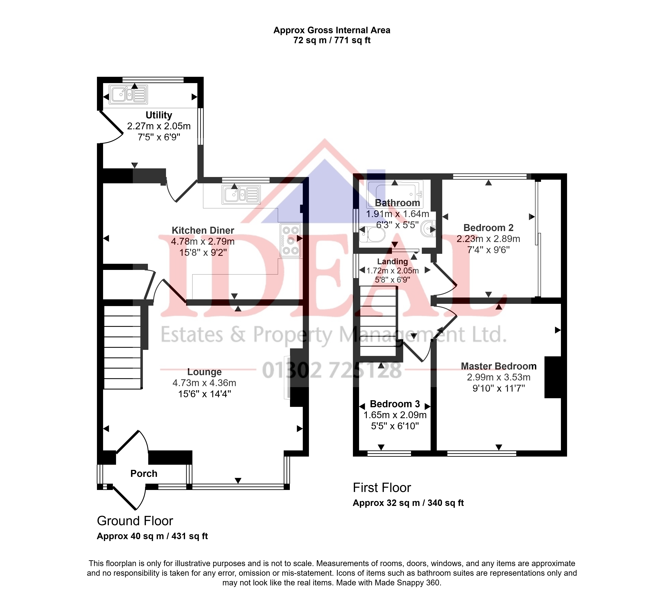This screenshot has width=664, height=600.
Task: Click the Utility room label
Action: click(x=159, y=115)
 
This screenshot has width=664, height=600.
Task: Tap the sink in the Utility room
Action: click(x=128, y=95)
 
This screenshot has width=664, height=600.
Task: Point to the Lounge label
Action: click(x=205, y=372)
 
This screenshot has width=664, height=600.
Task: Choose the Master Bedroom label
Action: click(x=498, y=366)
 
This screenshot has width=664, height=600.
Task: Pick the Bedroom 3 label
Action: click(x=395, y=404)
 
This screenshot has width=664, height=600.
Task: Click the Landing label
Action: click(x=392, y=261)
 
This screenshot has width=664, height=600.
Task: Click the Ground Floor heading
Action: click(x=135, y=521)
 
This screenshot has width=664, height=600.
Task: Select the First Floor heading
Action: click(x=382, y=488)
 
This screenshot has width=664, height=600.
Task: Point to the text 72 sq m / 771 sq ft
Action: click(x=332, y=40)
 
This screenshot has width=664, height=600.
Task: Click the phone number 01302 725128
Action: click(x=332, y=370)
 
